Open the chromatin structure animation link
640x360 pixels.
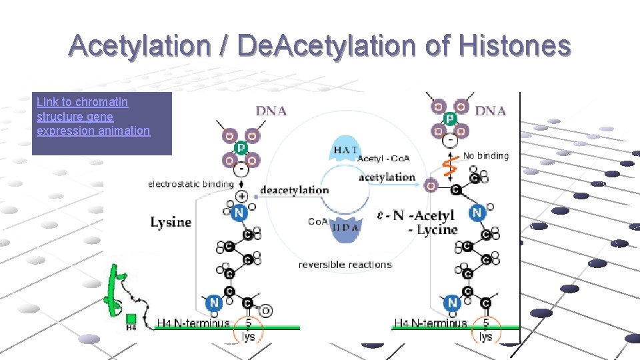(x=93, y=116)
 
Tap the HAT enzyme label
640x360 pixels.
(x=345, y=150)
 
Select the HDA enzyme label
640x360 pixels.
(x=345, y=226)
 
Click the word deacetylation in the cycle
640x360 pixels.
(x=294, y=190)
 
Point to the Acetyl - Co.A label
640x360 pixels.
(x=383, y=159)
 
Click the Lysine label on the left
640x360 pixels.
(x=171, y=222)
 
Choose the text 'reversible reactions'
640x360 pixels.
(x=345, y=265)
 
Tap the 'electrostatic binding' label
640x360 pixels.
(x=191, y=184)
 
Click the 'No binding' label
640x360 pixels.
(x=485, y=156)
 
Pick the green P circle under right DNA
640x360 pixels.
(x=450, y=119)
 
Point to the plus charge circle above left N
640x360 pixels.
(x=241, y=197)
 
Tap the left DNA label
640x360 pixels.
(x=271, y=111)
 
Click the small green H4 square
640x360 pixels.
(x=131, y=319)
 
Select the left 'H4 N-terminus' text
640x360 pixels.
(x=193, y=323)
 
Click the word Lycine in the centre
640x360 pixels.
(x=437, y=230)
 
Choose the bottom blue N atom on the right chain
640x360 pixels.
(x=453, y=303)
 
